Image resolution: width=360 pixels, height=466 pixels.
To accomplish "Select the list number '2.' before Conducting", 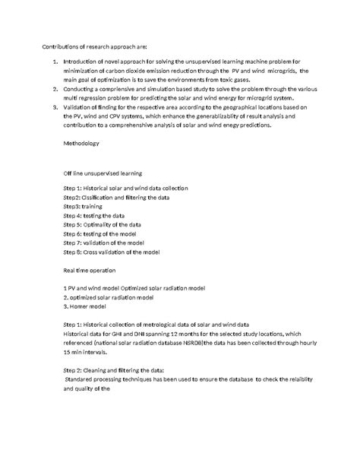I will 54,89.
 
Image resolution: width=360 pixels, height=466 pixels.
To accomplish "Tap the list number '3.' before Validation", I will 54,108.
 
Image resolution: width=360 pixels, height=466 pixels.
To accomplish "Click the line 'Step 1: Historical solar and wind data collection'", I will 125,188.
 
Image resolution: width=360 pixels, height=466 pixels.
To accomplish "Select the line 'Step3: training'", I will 83,205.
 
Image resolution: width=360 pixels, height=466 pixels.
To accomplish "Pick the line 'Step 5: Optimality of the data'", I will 103,224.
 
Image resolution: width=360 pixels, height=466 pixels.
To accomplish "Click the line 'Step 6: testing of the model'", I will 100,233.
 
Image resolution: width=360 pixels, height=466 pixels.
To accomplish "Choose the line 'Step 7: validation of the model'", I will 104,243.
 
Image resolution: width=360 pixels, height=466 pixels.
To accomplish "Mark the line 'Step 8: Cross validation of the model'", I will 111,252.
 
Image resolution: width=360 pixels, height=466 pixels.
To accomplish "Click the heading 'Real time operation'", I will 90,270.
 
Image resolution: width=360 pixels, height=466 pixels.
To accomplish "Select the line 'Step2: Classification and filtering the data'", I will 115,197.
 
